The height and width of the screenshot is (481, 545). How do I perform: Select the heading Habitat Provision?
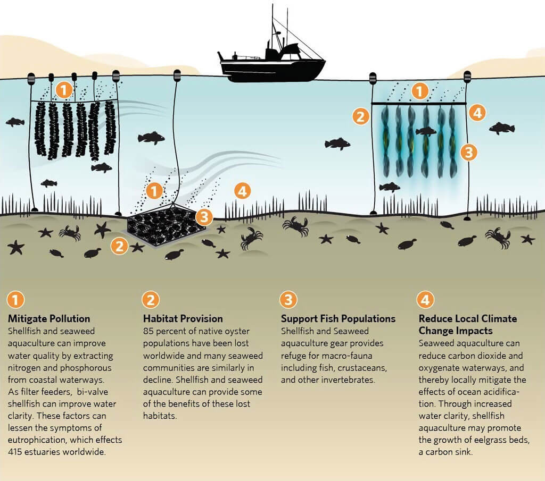coord(183,319)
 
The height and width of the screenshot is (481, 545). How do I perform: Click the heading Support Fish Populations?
coord(338,319)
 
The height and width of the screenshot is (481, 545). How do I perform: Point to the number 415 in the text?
coord(17,452)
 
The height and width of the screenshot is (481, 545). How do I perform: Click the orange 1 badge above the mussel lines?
coord(63,90)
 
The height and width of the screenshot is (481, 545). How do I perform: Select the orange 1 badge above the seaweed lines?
coord(420,92)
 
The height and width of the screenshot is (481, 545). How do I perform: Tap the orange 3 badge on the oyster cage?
coord(203,216)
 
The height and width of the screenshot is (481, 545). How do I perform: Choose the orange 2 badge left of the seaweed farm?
coord(361,116)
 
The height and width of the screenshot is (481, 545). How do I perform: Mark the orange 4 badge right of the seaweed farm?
coord(477,113)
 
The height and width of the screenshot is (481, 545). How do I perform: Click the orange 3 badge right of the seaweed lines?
coord(468,152)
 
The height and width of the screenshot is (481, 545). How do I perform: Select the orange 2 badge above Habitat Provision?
coord(150,300)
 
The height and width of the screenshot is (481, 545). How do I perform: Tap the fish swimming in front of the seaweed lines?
coord(426,131)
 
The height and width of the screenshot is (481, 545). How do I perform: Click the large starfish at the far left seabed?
coord(16,247)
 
